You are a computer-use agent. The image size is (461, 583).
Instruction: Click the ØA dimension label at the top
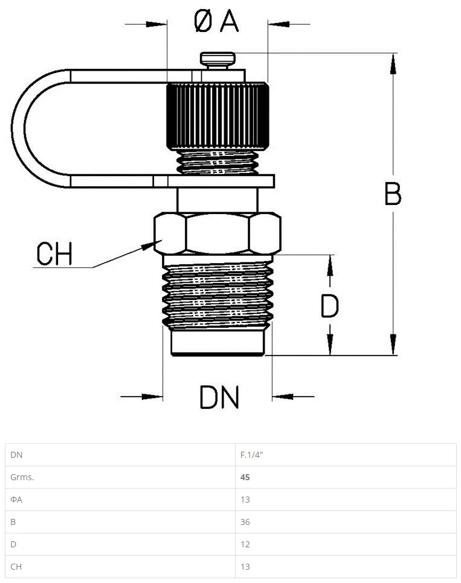[216, 21]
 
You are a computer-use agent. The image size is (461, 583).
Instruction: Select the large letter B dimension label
[393, 194]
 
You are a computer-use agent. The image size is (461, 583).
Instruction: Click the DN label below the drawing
[219, 397]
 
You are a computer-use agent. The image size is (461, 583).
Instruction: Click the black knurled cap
[218, 116]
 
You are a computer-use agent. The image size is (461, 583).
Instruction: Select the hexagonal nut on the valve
[218, 233]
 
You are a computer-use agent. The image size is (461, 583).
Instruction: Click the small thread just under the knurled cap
[218, 163]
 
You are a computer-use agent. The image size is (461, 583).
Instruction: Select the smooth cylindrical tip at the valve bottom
[218, 343]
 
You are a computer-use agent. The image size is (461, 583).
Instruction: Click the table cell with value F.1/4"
[251, 455]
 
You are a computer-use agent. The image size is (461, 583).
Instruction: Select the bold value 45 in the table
[245, 477]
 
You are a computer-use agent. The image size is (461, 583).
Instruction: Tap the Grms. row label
[22, 477]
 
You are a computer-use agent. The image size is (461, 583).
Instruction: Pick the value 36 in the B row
[245, 522]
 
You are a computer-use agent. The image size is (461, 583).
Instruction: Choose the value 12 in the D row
[245, 544]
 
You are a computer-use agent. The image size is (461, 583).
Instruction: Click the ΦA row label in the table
[16, 500]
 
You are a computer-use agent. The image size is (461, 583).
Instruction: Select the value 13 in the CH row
[245, 566]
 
